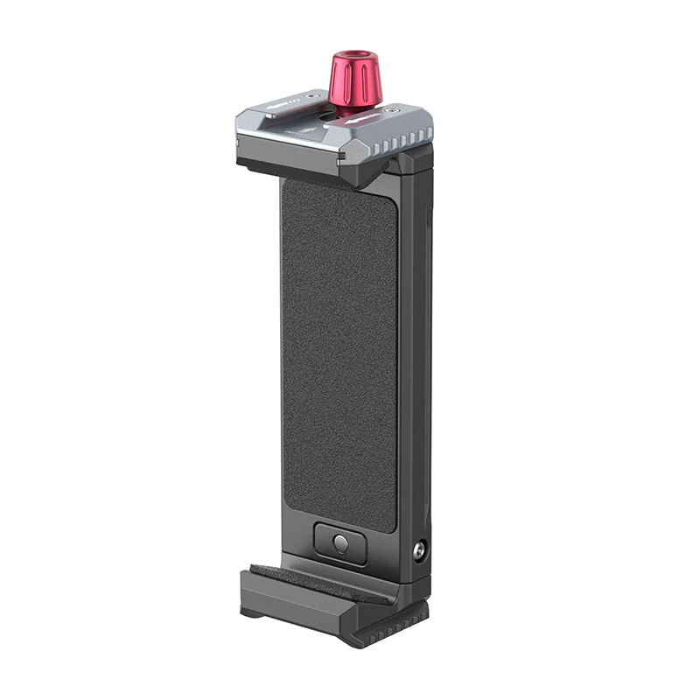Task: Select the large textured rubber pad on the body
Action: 339,350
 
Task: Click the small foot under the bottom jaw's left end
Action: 251,612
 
